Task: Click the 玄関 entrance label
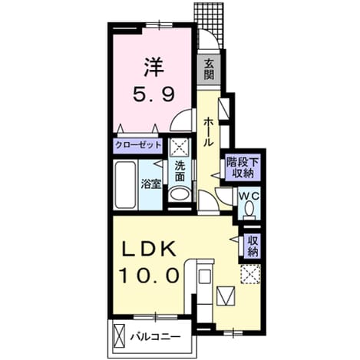[x=209, y=69]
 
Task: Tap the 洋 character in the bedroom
[x=154, y=67]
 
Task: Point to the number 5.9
[x=154, y=94]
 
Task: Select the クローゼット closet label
[x=138, y=145]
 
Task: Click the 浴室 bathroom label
[x=151, y=184]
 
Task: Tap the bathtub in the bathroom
[x=125, y=185]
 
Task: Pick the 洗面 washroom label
[x=180, y=171]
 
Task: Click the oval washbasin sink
[x=180, y=194]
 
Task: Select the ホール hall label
[x=208, y=132]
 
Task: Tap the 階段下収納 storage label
[x=243, y=167]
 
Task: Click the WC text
[x=249, y=197]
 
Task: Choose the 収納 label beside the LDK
[x=253, y=246]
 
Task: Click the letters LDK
[x=149, y=249]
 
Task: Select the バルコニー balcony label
[x=156, y=337]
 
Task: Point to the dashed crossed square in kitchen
[x=250, y=274]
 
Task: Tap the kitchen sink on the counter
[x=204, y=276]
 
